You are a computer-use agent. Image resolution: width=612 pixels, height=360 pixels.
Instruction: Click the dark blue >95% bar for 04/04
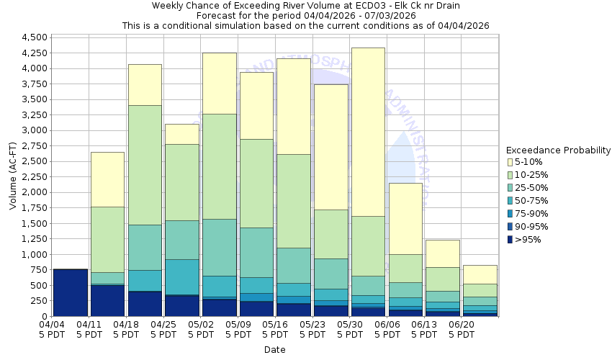tap(71, 292)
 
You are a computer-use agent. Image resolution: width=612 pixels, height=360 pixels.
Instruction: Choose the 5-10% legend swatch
tap(511, 162)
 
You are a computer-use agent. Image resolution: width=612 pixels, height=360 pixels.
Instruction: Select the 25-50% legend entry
tap(533, 188)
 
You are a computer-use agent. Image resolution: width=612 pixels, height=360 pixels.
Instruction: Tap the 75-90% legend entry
tap(533, 214)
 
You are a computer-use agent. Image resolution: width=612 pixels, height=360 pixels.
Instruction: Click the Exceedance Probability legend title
tap(559, 150)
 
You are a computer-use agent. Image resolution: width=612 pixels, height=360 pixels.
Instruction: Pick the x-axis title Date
tap(274, 350)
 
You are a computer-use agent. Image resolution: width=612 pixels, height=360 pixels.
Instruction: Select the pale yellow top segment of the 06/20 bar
tap(480, 274)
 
